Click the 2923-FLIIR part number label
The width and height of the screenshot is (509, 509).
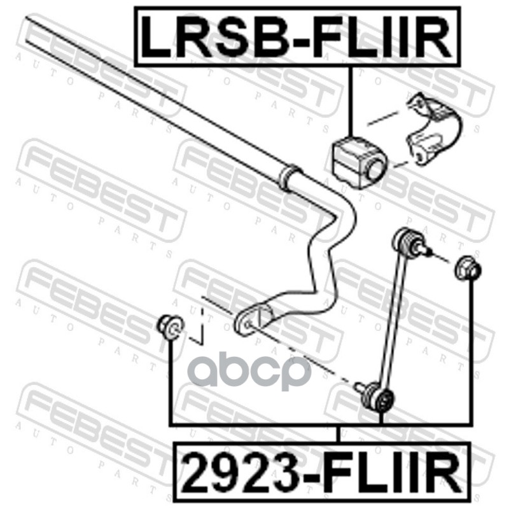click(318, 471)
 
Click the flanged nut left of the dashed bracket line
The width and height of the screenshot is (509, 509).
click(170, 326)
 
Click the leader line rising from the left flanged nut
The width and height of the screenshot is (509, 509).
click(171, 382)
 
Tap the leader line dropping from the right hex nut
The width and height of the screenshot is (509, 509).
click(471, 356)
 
